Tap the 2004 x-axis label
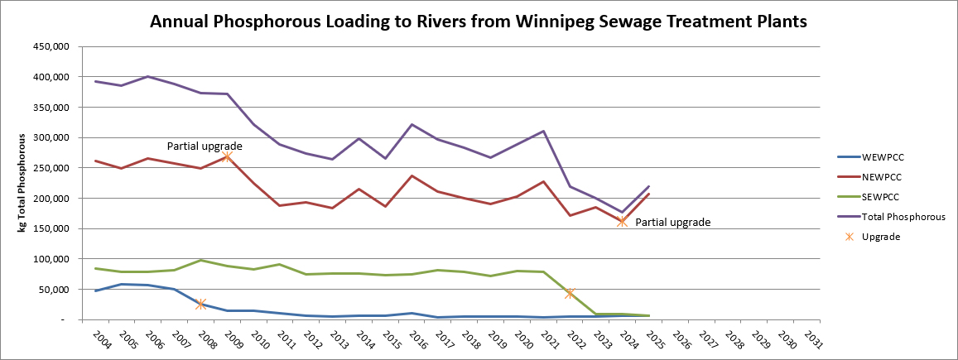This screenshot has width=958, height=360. coord(102,340)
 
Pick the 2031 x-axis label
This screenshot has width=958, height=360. coord(812,340)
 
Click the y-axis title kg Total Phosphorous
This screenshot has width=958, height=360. coord(23,182)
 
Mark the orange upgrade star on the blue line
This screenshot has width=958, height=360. coord(201,304)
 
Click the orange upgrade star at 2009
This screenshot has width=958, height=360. coord(227,156)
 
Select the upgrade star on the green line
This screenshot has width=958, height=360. coord(569,293)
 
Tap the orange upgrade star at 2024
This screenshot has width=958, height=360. coord(621,221)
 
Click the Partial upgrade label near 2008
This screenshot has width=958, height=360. coord(205,146)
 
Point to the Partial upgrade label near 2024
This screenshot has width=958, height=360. coord(672,222)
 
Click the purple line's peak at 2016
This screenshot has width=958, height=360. coord(412,125)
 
